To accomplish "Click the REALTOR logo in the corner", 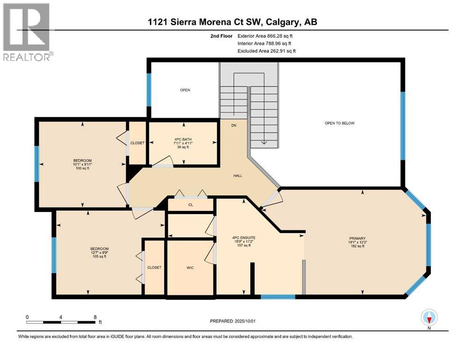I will (x=27, y=32).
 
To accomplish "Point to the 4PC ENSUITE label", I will (x=244, y=241).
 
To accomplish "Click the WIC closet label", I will (x=190, y=267).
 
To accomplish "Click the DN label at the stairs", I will (x=234, y=125).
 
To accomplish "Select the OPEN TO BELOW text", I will (x=340, y=123).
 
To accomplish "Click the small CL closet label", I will (x=191, y=205).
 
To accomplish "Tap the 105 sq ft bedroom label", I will (x=99, y=252).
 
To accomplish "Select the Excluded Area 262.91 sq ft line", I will (x=266, y=51).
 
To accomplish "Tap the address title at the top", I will (x=233, y=22).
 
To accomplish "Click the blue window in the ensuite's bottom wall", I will (x=278, y=296).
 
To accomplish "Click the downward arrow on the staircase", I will (x=264, y=142).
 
